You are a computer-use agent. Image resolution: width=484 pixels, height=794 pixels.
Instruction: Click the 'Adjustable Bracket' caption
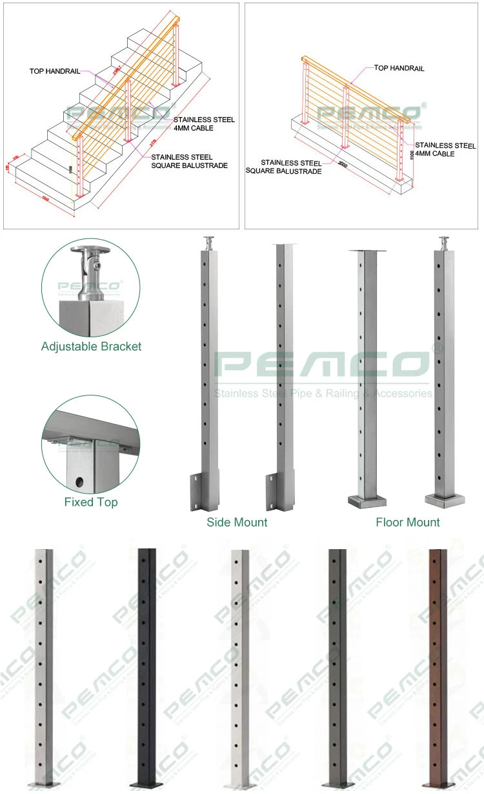click(x=91, y=346)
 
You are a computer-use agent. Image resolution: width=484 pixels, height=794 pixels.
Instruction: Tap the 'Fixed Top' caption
click(x=91, y=502)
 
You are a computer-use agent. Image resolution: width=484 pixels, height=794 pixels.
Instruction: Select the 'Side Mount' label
click(x=237, y=522)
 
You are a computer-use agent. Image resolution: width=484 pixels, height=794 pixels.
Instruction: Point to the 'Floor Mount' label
click(x=408, y=522)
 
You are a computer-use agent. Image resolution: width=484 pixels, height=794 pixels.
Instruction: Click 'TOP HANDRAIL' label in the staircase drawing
click(x=54, y=71)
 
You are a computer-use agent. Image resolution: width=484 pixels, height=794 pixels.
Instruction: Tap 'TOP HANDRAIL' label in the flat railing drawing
click(x=399, y=68)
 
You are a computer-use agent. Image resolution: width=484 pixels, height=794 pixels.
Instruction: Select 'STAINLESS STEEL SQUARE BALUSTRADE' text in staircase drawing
click(x=189, y=162)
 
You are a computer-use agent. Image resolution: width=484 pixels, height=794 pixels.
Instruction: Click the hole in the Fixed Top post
click(x=79, y=481)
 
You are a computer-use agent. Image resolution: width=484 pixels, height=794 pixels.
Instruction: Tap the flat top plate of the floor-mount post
click(x=368, y=251)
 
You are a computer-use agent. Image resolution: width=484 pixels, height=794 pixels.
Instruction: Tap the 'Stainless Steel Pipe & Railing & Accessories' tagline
click(x=323, y=393)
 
